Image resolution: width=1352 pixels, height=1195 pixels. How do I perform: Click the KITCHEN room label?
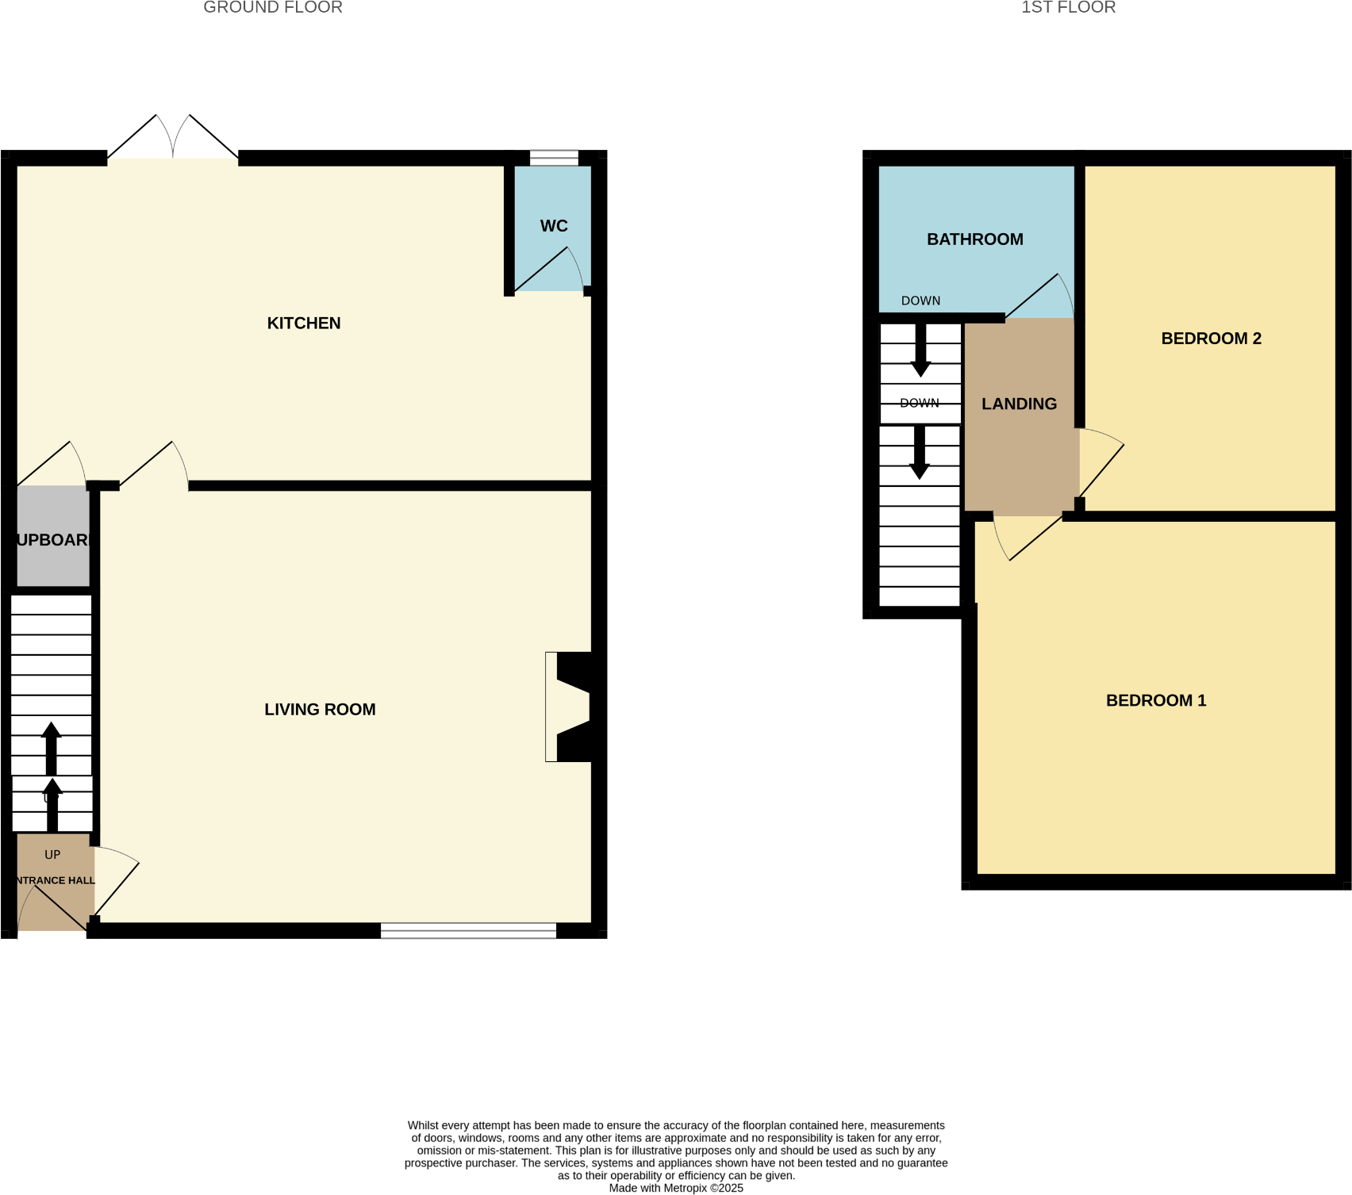(304, 323)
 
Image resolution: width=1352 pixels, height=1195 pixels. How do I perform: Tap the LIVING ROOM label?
(320, 710)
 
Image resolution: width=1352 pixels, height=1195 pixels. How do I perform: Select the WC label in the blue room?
(554, 226)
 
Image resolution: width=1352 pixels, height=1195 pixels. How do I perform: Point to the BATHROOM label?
(975, 239)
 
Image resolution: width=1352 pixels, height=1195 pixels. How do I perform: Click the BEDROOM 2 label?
(1211, 339)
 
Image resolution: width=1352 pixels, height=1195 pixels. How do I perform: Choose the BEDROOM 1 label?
(1156, 700)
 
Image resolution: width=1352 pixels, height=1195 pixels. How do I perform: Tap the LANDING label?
(1019, 404)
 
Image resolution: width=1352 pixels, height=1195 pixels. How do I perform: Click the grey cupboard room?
(53, 539)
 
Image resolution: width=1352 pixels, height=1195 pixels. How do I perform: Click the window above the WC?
(554, 158)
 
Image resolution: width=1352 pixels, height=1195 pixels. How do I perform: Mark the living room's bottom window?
(468, 931)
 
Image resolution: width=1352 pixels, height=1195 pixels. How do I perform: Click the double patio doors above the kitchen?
(173, 139)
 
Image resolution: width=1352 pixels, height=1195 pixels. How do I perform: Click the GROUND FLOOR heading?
(273, 8)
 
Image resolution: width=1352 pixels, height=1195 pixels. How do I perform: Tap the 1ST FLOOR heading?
(1068, 8)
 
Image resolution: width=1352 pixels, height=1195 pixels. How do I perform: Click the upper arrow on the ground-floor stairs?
(52, 746)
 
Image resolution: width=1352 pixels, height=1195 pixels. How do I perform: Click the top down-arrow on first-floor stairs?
(920, 349)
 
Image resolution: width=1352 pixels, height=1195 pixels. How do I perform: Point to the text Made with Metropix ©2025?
(676, 1188)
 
